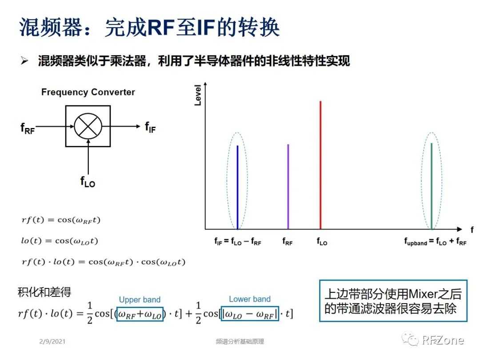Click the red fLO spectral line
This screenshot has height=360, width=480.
pos(320,165)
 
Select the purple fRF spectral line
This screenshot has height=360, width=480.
pos(288,187)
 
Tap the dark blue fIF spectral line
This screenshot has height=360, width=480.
pos(237,188)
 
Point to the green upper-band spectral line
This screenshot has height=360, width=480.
pos(432,186)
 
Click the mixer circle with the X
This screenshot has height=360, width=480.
pos(88,126)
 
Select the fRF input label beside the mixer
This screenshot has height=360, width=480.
pos(28,128)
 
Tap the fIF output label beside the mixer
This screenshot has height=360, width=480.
pos(150,127)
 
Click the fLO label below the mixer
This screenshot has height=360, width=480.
pos(88,181)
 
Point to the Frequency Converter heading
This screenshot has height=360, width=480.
pos(88,92)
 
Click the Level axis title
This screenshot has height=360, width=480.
pos(198,95)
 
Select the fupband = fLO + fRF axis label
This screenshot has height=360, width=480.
pos(435,241)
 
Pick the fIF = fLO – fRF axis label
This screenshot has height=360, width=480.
pos(238,241)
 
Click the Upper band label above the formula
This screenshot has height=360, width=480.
pos(140,300)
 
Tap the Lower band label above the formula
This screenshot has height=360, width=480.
pos(250,299)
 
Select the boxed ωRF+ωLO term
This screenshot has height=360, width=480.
pos(140,314)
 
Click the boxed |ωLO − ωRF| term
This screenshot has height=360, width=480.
pos(250,314)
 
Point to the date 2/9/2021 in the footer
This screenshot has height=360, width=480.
pos(52,341)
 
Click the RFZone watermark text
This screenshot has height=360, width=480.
pos(443,340)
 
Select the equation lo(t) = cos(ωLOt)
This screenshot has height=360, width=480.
pos(60,241)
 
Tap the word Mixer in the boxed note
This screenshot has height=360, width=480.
pos(423,294)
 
